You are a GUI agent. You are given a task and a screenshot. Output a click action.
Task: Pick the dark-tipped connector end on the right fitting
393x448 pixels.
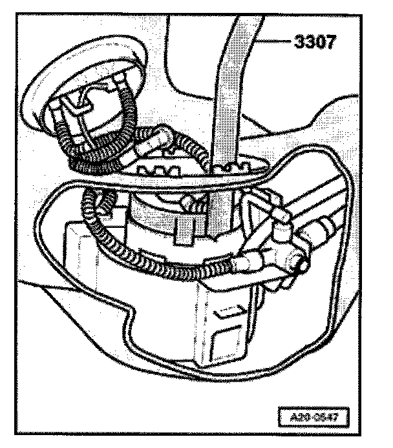coord(299,263)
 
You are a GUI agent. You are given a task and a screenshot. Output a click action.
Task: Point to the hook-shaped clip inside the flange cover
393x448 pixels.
coord(81,107)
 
